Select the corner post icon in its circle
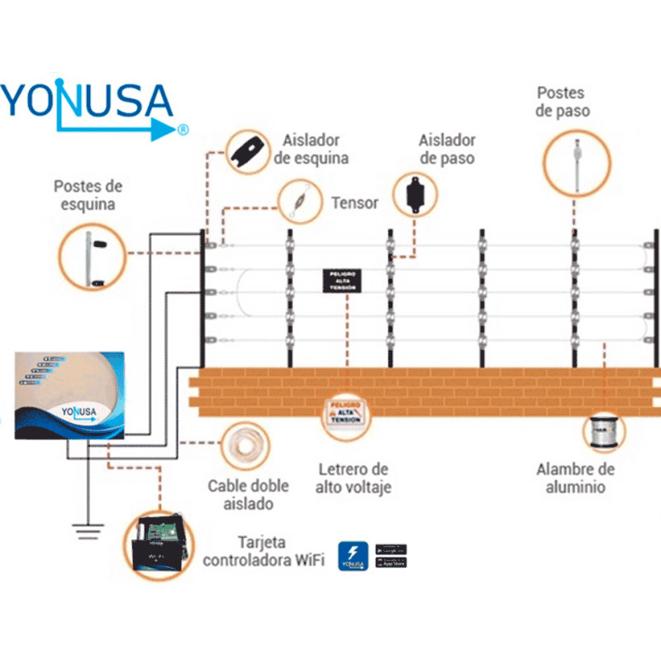click(x=93, y=257)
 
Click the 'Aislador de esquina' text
click(x=311, y=150)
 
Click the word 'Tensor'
click(x=354, y=202)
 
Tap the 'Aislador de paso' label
click(x=446, y=150)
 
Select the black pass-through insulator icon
click(x=413, y=195)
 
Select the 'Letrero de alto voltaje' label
click(x=352, y=478)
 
